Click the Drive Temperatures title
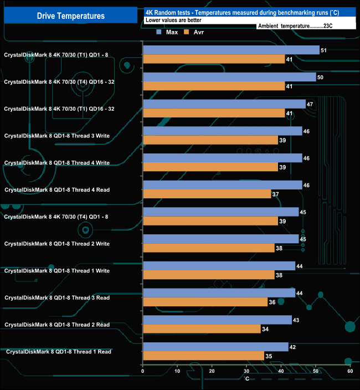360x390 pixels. (70, 16)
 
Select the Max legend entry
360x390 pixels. (167, 32)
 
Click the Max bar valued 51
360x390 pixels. (231, 50)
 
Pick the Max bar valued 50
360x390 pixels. (229, 78)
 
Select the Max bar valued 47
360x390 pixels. (224, 104)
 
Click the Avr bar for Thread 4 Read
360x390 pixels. (207, 194)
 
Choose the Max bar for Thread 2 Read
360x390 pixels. (217, 320)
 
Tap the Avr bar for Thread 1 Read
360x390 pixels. (203, 355)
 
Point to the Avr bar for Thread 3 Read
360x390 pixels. (205, 301)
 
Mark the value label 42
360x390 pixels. (293, 347)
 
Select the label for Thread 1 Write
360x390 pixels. (57, 271)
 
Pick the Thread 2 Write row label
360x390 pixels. (57, 244)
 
